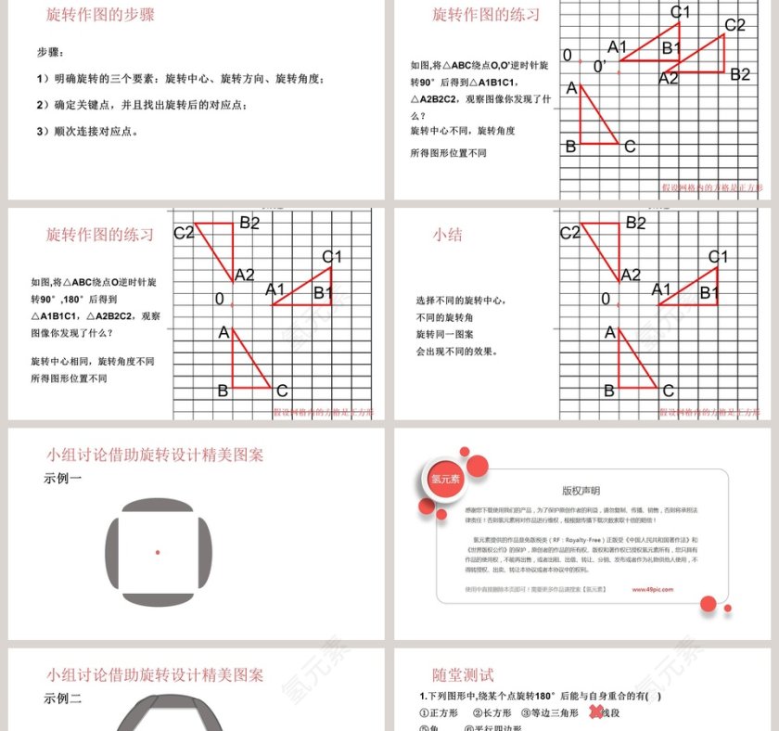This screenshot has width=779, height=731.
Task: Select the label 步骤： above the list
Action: tap(51, 52)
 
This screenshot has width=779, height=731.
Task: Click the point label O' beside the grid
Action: tap(600, 66)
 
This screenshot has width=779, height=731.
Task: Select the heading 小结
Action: tap(447, 235)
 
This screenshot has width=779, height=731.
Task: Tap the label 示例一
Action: tap(62, 479)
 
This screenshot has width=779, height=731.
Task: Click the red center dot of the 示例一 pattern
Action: tap(158, 552)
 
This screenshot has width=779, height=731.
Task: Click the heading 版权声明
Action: tap(581, 491)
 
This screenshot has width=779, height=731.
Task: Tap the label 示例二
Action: tap(62, 699)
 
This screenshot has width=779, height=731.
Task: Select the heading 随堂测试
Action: tap(463, 675)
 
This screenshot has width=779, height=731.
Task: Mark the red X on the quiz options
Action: tap(595, 712)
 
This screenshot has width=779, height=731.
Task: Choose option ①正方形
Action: tap(440, 713)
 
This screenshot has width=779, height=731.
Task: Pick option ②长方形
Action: tap(492, 713)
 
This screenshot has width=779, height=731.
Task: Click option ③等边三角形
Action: tap(549, 713)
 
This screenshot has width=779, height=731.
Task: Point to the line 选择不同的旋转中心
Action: tap(460, 301)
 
